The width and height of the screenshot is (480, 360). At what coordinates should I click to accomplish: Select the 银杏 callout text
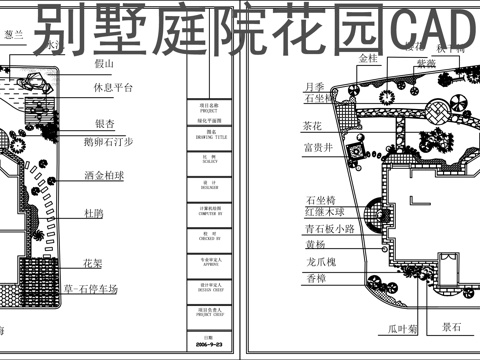104,123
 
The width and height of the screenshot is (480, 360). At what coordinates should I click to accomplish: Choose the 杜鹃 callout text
94,213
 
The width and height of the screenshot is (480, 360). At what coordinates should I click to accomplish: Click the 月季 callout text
313,86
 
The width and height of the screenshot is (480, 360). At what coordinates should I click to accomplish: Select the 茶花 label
312,126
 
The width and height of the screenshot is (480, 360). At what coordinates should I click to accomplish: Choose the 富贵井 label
317,148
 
